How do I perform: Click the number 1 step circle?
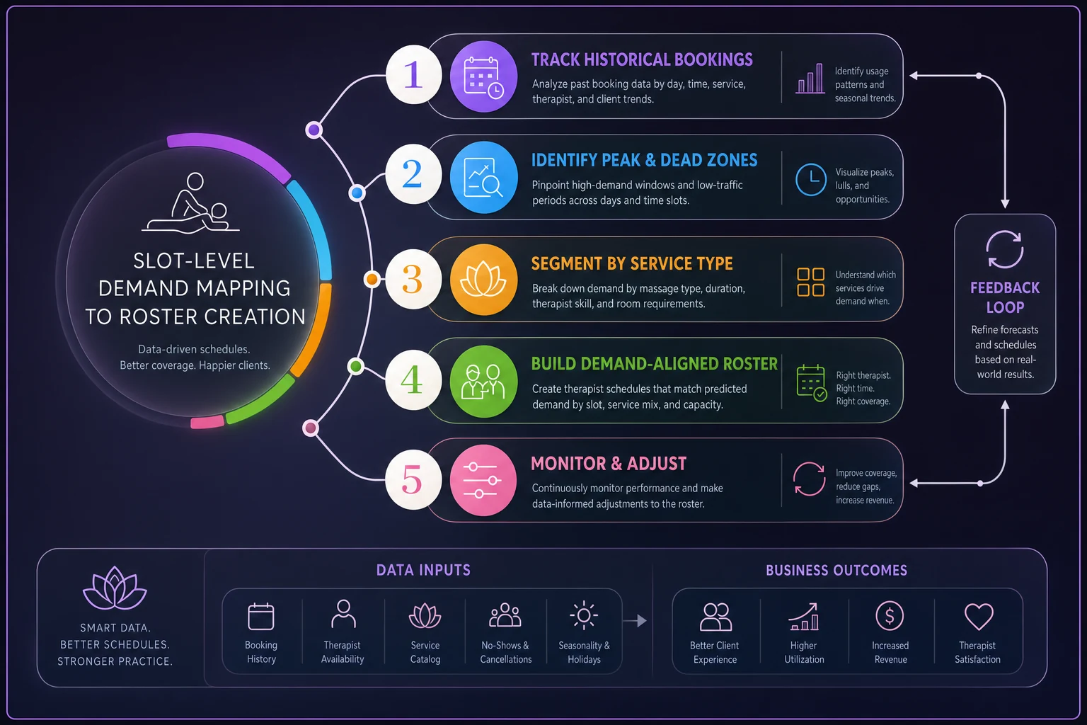[413, 75]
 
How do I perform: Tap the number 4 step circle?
[413, 379]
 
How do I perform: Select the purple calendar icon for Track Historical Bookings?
[483, 76]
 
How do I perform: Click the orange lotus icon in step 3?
[483, 279]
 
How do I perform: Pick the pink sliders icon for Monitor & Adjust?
[483, 480]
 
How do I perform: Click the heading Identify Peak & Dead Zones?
[644, 160]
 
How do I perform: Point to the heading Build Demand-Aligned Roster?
[654, 364]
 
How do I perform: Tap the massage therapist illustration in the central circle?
[190, 203]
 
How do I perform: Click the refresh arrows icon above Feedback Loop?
[1004, 249]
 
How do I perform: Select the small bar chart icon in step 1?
[810, 78]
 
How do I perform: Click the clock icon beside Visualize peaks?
[810, 180]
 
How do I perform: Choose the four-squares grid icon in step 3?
[810, 282]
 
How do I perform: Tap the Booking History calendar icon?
[261, 616]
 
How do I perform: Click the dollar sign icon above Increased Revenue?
[890, 616]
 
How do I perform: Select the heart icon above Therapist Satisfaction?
[978, 616]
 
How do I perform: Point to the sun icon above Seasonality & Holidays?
[584, 615]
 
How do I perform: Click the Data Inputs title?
[423, 570]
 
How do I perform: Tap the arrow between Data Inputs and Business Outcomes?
[635, 621]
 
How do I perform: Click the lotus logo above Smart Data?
[115, 588]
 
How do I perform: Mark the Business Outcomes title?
[836, 570]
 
